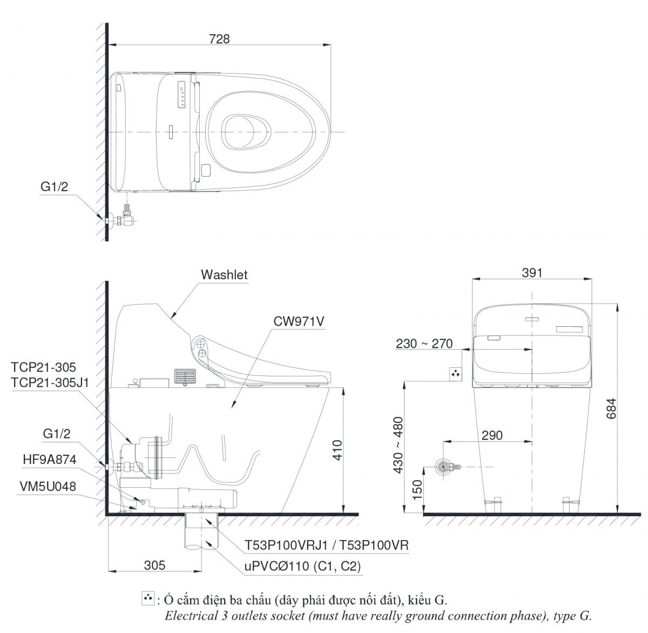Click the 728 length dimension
click(x=219, y=39)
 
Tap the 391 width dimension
click(x=532, y=273)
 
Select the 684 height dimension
click(x=611, y=408)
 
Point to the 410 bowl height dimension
click(x=337, y=450)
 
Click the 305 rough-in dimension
click(x=154, y=565)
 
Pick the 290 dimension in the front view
click(x=492, y=435)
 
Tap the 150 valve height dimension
click(x=417, y=489)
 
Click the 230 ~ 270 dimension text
click(x=424, y=344)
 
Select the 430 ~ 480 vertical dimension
click(x=399, y=445)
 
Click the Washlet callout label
click(x=224, y=275)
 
